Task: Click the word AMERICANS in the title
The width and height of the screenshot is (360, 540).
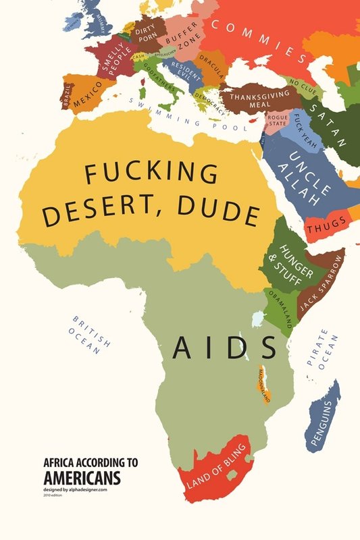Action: (x=82, y=478)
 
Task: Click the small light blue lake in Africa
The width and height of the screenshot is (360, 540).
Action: (x=257, y=317)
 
